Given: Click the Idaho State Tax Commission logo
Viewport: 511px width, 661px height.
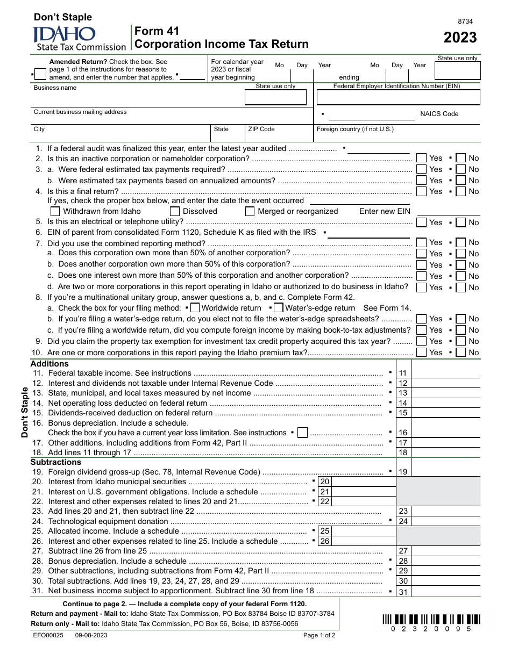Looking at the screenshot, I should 80,39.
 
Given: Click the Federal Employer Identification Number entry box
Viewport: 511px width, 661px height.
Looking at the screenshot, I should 398,97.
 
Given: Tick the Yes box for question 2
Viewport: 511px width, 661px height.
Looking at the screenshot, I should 421,158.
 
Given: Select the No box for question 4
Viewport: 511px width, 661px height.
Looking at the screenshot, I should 461,191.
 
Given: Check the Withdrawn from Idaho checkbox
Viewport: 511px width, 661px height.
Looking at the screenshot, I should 55,211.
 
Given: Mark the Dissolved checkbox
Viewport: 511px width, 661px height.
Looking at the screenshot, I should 175,211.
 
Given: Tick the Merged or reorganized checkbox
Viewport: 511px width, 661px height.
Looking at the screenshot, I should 250,211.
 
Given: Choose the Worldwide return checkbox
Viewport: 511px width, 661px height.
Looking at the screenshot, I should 195,308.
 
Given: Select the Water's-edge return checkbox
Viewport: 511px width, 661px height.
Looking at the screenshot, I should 278,308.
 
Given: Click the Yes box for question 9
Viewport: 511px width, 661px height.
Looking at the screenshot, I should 421,341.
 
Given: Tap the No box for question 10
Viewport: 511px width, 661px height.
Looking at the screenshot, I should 461,353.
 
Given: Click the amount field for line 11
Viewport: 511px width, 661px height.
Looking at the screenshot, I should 445,373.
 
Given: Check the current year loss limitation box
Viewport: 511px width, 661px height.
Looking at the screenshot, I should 302,433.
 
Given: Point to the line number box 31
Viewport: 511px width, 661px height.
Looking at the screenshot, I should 403,592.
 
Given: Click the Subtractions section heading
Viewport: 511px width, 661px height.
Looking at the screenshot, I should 56,462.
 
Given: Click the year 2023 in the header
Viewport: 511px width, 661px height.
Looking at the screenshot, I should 460,38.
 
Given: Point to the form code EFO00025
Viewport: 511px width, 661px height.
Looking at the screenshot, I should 48,635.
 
